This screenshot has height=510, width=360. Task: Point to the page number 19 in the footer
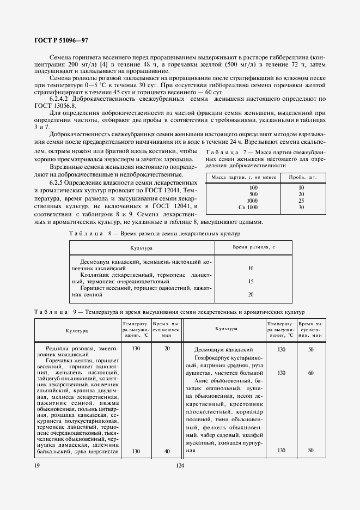coord(36,465)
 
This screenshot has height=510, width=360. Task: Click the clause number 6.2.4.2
coord(61,99)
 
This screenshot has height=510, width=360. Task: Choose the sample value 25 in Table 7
coord(301,201)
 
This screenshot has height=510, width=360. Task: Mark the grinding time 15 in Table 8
coord(251,281)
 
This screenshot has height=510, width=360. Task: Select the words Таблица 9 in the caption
coord(53,311)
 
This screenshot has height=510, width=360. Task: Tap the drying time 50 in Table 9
coord(310,349)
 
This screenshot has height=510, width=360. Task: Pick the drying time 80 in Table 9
coord(310,450)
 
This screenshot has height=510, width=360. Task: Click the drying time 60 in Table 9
coord(310,373)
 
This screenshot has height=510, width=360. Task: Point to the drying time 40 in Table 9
coord(167,451)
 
